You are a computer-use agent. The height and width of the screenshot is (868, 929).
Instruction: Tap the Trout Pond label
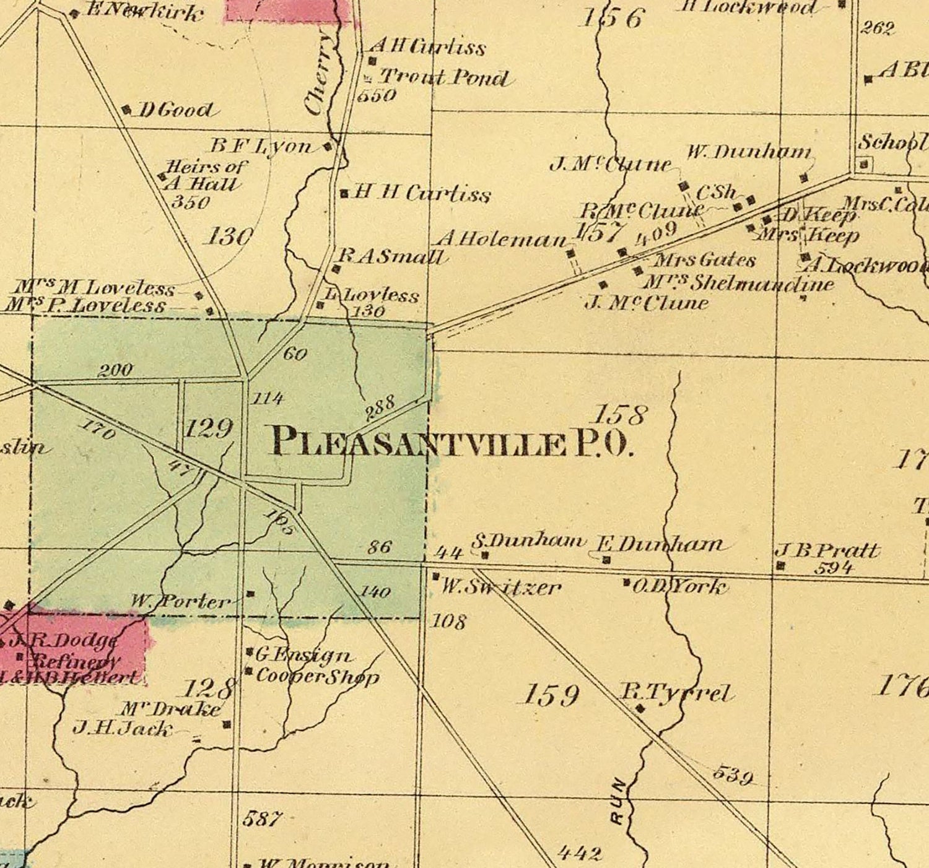[444, 77]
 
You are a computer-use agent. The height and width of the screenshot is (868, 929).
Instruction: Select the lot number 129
[209, 428]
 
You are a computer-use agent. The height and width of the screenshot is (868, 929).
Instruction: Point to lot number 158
[621, 413]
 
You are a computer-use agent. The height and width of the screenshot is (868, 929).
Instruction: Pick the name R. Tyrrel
[676, 693]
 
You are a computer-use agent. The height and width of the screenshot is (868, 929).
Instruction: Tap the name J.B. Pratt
[827, 550]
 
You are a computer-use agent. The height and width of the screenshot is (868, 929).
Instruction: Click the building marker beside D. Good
[126, 110]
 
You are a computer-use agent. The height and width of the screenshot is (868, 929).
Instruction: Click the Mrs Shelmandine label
[738, 284]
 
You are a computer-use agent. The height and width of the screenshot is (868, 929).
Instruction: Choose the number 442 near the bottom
[579, 854]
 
